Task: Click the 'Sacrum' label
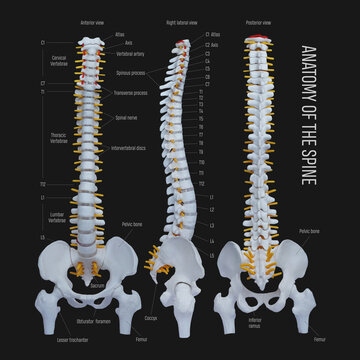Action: [x=98, y=285]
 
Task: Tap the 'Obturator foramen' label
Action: [x=99, y=321]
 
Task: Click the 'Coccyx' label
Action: [x=151, y=319]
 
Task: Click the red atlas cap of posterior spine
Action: [x=263, y=39]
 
